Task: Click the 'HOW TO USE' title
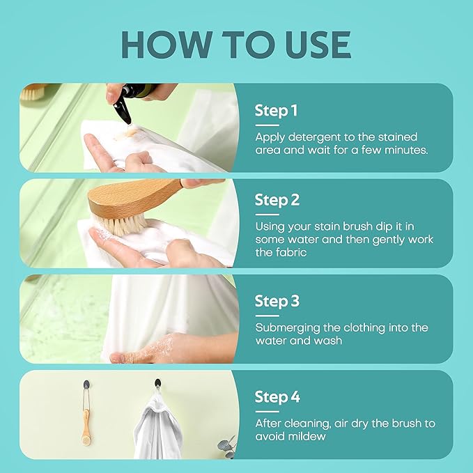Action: pyautogui.click(x=236, y=45)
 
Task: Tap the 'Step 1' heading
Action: pyautogui.click(x=276, y=110)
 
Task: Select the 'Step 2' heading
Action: pyautogui.click(x=277, y=200)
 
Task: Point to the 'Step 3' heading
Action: pyautogui.click(x=277, y=301)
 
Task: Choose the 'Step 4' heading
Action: pyautogui.click(x=277, y=396)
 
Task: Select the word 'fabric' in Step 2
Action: pyautogui.click(x=291, y=252)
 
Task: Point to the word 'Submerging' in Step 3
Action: pyautogui.click(x=288, y=328)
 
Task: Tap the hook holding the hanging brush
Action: pyautogui.click(x=86, y=385)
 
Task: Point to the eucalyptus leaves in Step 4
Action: pyautogui.click(x=227, y=446)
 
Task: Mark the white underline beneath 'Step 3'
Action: pyautogui.click(x=267, y=316)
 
